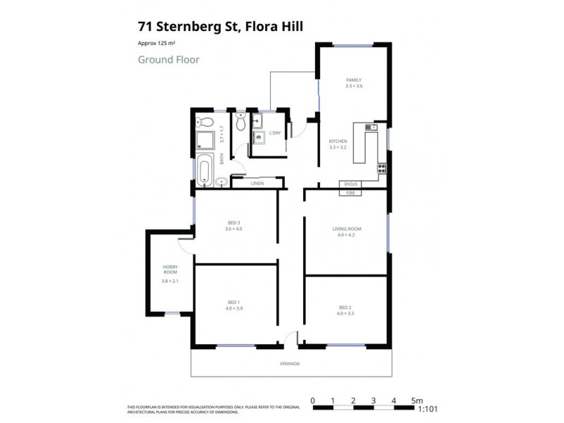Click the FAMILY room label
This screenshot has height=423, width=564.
[x=353, y=80]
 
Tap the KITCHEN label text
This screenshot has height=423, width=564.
[x=338, y=141]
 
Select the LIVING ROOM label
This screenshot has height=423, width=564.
[x=346, y=228]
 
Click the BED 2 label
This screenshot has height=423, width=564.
[x=345, y=307]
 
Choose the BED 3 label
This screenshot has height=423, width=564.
[x=233, y=223]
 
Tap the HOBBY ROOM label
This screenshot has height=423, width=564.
[x=170, y=269]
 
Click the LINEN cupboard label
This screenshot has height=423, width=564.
[x=257, y=183]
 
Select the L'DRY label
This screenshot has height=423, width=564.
[x=275, y=133]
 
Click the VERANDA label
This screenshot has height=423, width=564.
[x=290, y=364]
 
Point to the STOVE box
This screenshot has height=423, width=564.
[x=350, y=184]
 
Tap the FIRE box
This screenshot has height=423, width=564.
[x=350, y=192]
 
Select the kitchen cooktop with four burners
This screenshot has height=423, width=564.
[x=381, y=168]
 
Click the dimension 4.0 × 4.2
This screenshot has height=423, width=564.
[x=346, y=235]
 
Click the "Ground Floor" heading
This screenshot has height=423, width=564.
[x=168, y=60]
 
